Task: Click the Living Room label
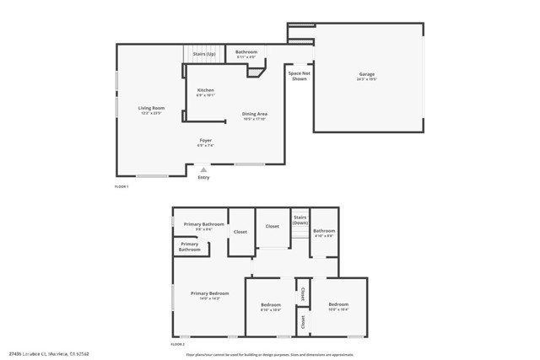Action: click(152, 108)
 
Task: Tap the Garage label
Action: click(367, 74)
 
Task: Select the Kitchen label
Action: click(206, 90)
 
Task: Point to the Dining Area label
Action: click(255, 114)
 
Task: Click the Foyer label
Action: click(206, 140)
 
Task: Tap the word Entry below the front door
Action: click(203, 177)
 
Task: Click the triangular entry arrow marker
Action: click(203, 169)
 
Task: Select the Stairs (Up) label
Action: click(204, 54)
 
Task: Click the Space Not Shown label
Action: click(298, 76)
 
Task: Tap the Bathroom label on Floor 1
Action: click(246, 52)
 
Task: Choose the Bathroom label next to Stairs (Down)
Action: click(324, 231)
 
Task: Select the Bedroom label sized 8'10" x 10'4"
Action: click(271, 304)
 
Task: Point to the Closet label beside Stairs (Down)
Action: click(272, 226)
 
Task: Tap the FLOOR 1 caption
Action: click(121, 185)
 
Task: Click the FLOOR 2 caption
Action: click(177, 345)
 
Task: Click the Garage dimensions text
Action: click(367, 79)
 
